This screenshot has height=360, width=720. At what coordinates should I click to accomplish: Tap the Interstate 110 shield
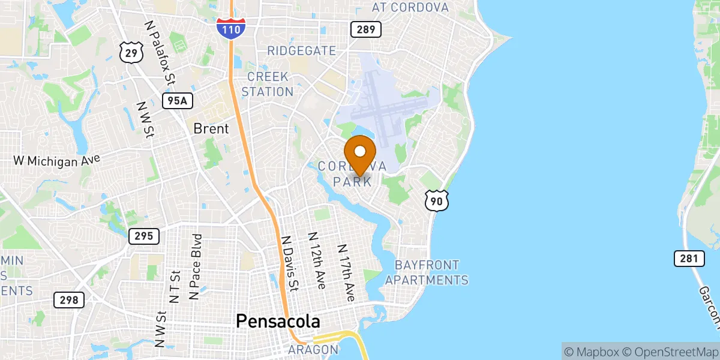231,28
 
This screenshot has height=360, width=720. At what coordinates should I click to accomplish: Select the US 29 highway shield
130,53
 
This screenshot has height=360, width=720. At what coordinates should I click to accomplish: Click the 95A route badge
178,100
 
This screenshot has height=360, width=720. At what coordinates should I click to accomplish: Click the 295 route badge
144,236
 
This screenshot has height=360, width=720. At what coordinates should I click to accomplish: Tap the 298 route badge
69,299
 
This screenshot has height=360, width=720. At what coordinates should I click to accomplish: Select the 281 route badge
688,259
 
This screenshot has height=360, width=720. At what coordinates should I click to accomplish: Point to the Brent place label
211,128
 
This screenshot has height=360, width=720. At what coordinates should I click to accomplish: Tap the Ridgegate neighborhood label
302,50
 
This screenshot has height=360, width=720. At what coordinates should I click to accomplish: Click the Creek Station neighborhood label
268,85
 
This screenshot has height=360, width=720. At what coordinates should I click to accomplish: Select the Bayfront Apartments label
427,272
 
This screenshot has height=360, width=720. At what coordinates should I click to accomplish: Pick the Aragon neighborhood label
313,349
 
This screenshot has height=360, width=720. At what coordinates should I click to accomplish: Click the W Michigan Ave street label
56,161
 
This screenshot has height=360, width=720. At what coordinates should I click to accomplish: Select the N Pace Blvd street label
196,266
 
